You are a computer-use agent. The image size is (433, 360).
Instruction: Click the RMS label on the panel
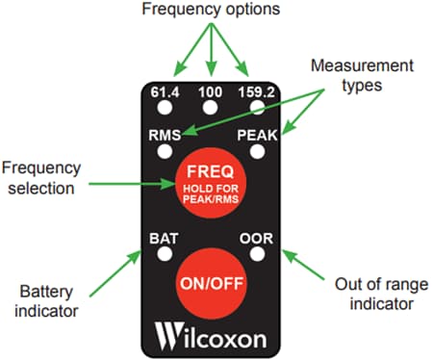165,136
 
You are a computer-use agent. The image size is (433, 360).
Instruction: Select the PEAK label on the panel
257,136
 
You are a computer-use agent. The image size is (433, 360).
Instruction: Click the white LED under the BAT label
165,254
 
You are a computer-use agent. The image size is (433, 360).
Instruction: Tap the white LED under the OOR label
257,254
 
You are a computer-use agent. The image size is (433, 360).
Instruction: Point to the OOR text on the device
257,237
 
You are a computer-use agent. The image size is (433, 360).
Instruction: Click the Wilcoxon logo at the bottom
212,338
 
